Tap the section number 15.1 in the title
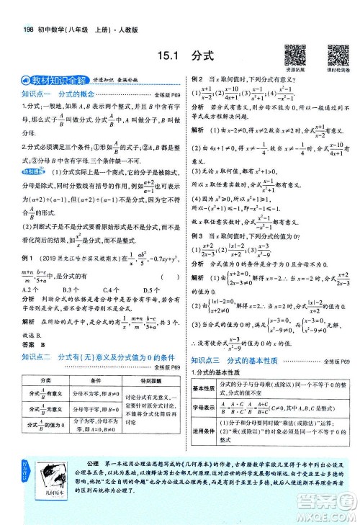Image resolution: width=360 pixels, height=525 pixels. point(171,55)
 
